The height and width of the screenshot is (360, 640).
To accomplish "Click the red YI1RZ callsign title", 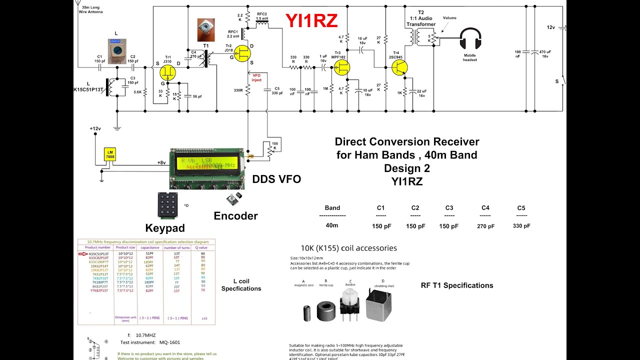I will tap(311, 20).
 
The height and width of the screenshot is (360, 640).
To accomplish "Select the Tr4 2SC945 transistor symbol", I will tap(400, 68).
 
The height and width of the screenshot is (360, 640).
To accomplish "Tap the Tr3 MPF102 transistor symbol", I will tap(342, 68).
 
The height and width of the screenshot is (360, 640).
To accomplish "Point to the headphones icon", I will tap(470, 39).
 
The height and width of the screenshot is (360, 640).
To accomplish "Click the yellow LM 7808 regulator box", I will tap(109, 154).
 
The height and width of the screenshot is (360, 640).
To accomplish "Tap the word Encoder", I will tap(235, 216).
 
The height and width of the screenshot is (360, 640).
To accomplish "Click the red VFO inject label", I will tap(256, 77).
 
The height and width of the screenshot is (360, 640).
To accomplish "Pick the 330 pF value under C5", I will tap(521, 226).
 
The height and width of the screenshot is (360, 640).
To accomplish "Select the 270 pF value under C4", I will tap(485, 226).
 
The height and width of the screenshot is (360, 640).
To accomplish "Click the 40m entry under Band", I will tap(332, 225).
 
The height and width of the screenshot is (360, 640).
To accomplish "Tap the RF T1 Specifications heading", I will tap(457, 285).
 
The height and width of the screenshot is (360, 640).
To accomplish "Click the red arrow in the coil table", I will tap(83, 254).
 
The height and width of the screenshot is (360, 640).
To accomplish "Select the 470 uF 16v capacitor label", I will tap(545, 54).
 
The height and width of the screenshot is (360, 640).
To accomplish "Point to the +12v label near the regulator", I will tap(95, 128).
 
